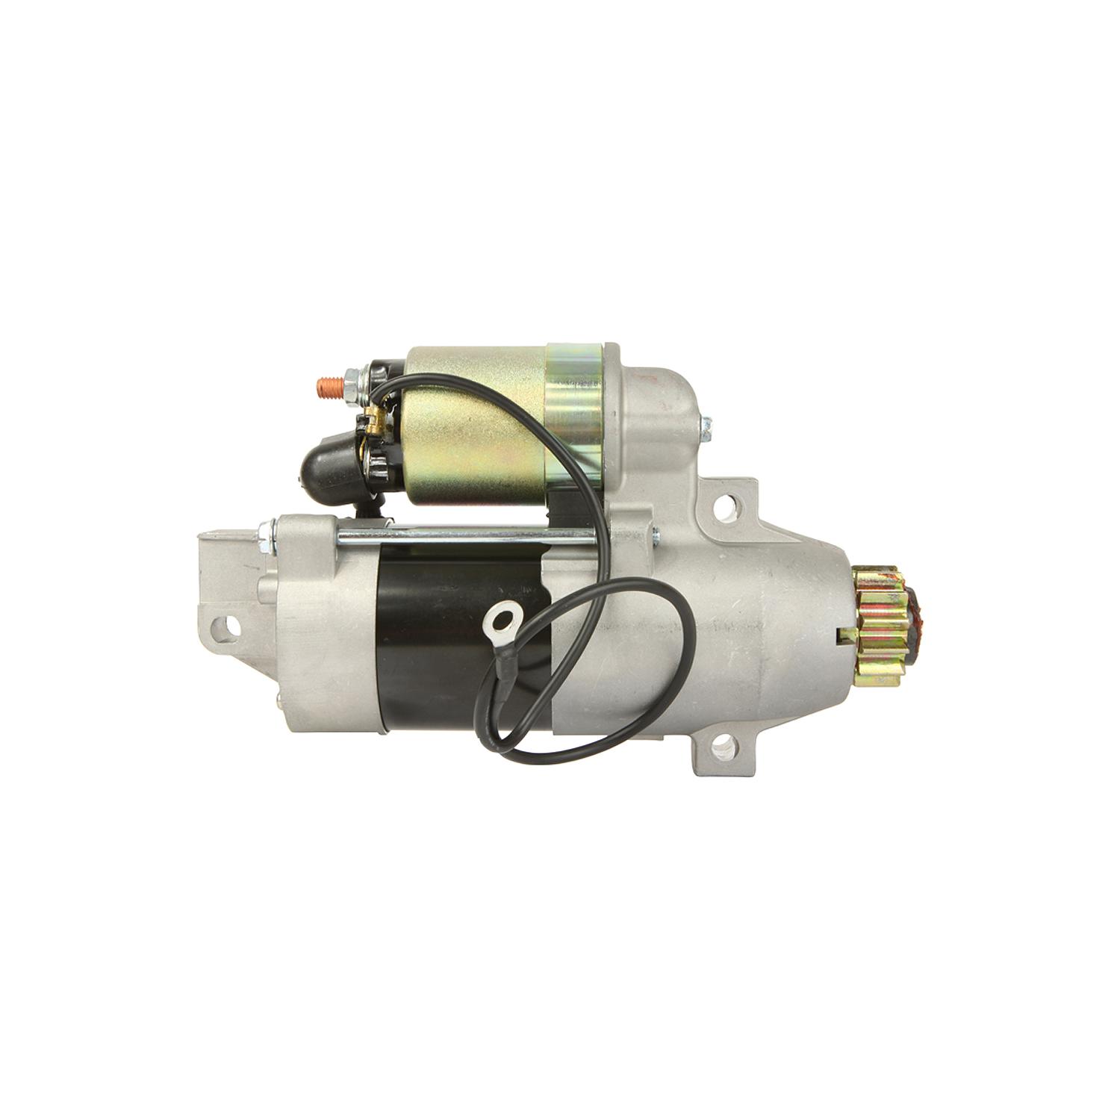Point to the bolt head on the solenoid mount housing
coord(705,427)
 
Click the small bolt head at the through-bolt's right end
coord(655,533)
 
